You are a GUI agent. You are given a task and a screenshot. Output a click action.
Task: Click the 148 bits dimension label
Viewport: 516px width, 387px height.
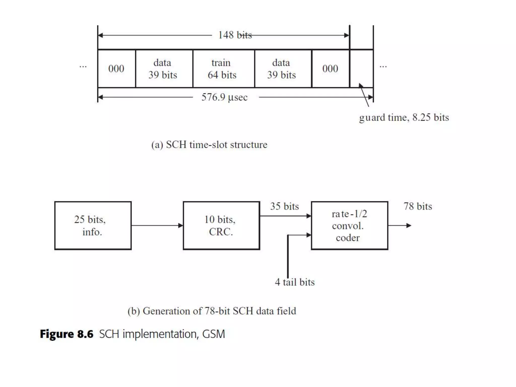tap(235, 35)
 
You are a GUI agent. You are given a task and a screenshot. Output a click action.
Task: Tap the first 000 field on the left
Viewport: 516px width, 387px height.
tap(116, 69)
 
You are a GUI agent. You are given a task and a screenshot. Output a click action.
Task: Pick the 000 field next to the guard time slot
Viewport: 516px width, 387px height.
tap(330, 69)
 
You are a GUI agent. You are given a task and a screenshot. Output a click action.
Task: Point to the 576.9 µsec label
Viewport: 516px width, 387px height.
tap(224, 97)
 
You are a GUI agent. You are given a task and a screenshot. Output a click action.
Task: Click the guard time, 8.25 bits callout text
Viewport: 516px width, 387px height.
tap(404, 117)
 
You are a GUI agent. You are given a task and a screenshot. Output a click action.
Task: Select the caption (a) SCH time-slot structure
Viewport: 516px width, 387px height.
tap(209, 145)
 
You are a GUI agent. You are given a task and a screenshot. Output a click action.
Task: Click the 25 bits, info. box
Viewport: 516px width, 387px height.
tap(93, 225)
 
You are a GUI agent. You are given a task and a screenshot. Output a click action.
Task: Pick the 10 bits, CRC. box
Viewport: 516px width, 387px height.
tap(221, 225)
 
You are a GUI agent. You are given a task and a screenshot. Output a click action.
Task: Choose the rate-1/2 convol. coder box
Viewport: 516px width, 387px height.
tap(349, 225)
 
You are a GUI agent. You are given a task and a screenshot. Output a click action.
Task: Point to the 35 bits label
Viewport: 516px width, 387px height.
tap(284, 206)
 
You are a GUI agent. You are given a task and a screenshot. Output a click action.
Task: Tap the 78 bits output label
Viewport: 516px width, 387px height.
tap(418, 206)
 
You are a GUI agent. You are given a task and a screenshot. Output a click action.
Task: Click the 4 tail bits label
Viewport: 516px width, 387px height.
tap(295, 282)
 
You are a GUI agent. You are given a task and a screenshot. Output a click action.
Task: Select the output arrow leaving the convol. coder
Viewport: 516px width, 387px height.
tap(400, 225)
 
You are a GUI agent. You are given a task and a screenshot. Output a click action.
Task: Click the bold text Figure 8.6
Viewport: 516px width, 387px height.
tap(67, 334)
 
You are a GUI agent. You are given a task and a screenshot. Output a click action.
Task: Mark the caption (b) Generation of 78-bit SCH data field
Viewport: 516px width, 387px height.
tap(212, 311)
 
